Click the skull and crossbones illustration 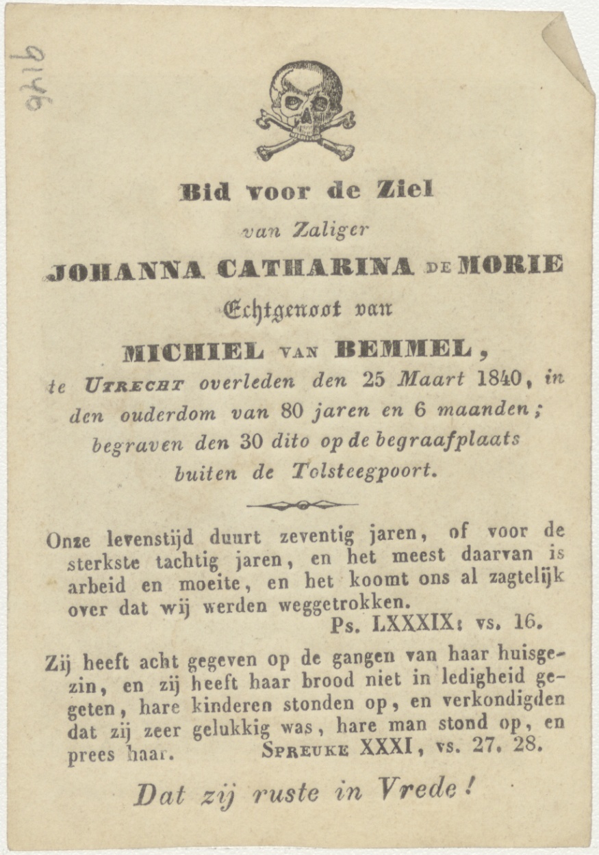coord(305,111)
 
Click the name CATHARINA coord(316,267)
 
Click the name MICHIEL coord(192,353)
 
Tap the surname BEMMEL coord(404,350)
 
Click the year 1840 coord(502,378)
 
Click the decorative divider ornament coord(302,505)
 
